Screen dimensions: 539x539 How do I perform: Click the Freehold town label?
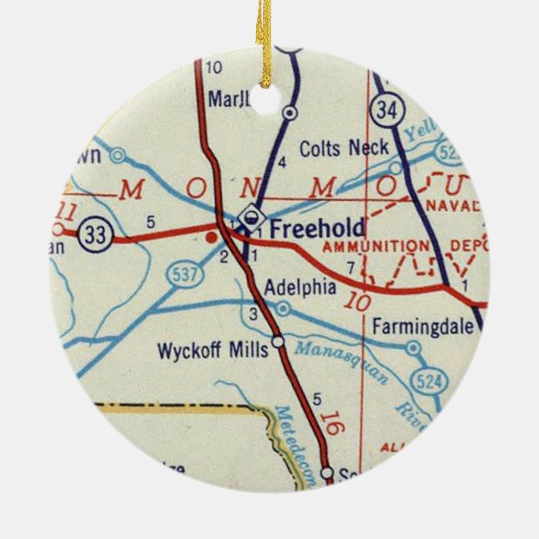coord(317,228)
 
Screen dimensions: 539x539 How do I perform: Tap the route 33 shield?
coord(96,238)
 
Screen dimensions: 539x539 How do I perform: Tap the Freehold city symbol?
coord(247,220)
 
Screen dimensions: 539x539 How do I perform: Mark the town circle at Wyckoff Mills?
coord(278,341)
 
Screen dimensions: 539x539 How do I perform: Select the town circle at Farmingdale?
coord(412,346)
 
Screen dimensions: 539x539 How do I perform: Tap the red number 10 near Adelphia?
coord(356,301)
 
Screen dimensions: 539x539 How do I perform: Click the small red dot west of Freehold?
coord(209,237)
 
